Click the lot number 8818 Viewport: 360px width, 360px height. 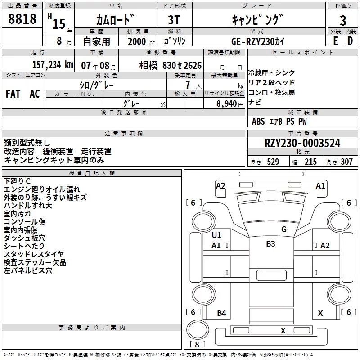(22, 19)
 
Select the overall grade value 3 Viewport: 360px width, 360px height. (343, 20)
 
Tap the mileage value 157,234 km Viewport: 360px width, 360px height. (53, 65)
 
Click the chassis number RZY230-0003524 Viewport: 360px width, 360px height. (302, 143)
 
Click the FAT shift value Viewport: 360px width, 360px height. (13, 94)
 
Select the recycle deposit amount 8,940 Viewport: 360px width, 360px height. (227, 104)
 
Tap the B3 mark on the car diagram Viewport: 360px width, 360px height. (270, 243)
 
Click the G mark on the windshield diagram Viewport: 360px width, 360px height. (284, 229)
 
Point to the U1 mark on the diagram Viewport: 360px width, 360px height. (216, 235)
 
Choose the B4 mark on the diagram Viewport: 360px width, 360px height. (221, 313)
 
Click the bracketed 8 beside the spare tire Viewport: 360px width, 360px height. (197, 344)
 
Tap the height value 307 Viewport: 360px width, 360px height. (346, 162)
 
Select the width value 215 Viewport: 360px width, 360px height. (310, 162)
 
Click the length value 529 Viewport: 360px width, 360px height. (273, 162)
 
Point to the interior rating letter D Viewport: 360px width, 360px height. (350, 41)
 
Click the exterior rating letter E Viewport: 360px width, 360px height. (336, 41)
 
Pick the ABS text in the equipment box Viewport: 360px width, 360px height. (258, 121)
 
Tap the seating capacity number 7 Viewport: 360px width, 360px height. (188, 85)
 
